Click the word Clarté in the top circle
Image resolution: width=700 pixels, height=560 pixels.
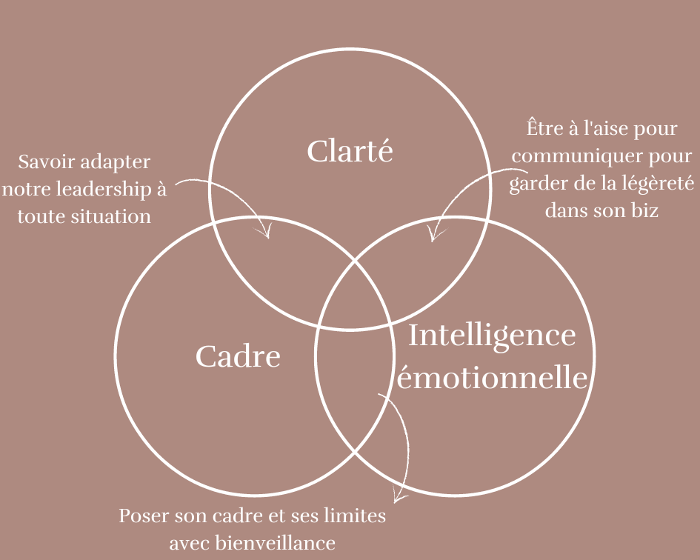click(350, 152)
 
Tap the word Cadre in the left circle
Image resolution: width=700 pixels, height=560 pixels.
click(238, 357)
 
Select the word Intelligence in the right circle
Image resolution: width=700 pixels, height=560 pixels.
click(492, 336)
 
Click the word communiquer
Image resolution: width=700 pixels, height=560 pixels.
click(569, 156)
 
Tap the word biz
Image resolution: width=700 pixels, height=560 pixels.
click(644, 210)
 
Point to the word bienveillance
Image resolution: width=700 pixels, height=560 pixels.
click(275, 543)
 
